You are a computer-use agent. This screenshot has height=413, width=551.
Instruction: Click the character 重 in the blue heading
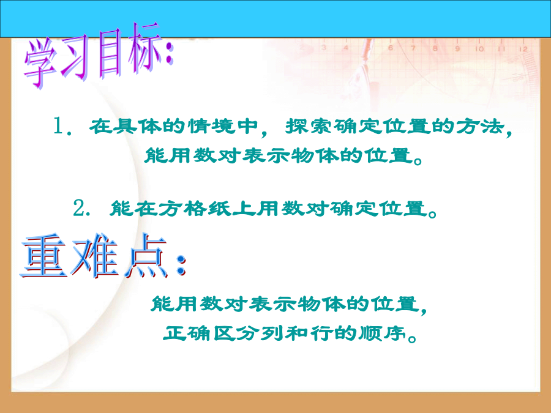[x=43, y=256]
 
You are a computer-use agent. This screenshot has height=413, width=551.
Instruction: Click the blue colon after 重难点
[x=181, y=265]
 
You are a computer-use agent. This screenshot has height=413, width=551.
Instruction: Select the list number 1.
[x=59, y=125]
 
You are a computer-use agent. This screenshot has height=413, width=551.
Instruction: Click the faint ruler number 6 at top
[x=390, y=48]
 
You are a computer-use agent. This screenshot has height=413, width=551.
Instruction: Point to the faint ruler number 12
[x=523, y=50]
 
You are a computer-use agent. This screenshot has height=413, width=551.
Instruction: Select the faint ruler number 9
[x=457, y=49]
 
